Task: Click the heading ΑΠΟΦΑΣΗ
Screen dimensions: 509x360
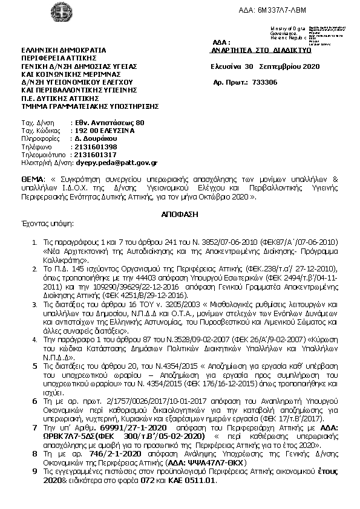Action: pyautogui.click(x=179, y=215)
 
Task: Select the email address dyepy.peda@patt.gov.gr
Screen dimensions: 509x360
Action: pyautogui.click(x=117, y=163)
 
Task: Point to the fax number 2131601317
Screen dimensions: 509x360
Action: pyautogui.click(x=95, y=155)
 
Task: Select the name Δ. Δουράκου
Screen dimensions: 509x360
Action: pyautogui.click(x=96, y=138)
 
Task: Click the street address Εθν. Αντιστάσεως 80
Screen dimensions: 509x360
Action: pyautogui.click(x=109, y=122)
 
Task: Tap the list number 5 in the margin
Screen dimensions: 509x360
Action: pyautogui.click(x=34, y=367)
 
